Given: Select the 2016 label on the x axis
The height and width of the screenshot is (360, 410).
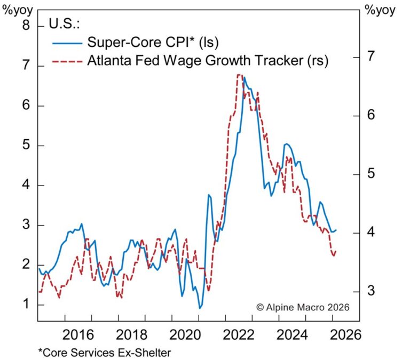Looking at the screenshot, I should tap(78, 335).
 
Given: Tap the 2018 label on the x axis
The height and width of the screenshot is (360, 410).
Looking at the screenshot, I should tap(131, 335).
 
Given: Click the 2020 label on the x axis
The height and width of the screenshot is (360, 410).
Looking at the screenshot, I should tap(185, 335).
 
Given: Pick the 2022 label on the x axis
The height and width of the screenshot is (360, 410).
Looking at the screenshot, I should tap(239, 335).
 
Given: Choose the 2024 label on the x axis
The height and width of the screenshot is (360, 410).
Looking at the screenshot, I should tap(293, 335).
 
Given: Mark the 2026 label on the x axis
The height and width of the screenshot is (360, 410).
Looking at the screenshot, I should tap(346, 335).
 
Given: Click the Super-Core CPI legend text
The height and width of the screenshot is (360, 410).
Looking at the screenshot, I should tap(153, 42).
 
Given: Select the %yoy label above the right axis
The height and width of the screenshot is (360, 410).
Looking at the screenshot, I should tap(380, 10).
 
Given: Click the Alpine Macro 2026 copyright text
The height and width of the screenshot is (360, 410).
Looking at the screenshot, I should tap(302, 307).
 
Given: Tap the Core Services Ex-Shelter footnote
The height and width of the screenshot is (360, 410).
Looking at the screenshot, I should tap(105, 353).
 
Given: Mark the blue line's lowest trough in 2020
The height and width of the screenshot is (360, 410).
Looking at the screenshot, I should tap(200, 308).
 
